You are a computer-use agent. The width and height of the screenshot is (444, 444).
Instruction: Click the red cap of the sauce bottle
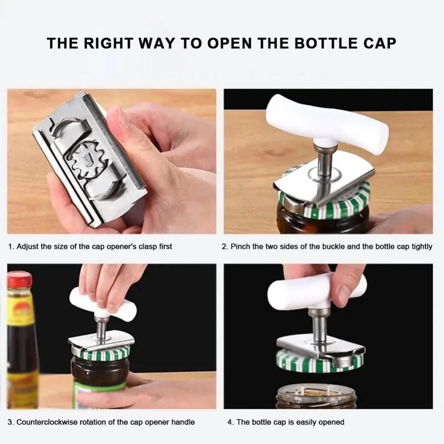point(19,280)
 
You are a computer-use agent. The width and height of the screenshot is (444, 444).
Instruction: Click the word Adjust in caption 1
point(28,246)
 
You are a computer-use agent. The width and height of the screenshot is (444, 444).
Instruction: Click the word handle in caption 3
point(184,422)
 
